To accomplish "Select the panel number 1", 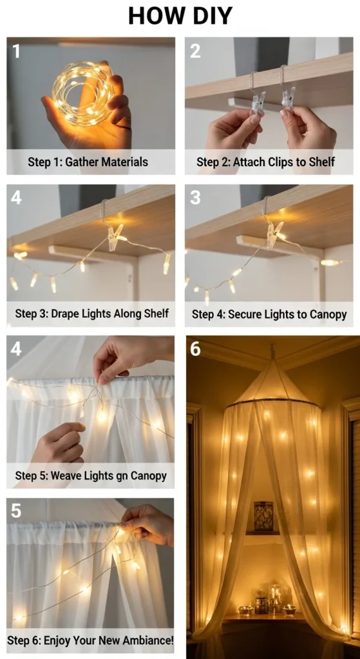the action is [x=16, y=51].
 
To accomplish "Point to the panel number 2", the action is [x=195, y=51].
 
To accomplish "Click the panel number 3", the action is [x=195, y=198].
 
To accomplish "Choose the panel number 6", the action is [x=196, y=348].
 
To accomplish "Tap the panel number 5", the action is [x=16, y=510].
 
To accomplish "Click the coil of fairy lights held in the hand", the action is [x=83, y=93].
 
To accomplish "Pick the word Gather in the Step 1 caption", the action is [x=80, y=162].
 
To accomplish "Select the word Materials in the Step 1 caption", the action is [x=123, y=162].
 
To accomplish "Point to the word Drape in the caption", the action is [x=65, y=313].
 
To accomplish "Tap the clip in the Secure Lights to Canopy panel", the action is [x=275, y=234].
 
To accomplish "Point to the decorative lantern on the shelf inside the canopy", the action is [x=263, y=516].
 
